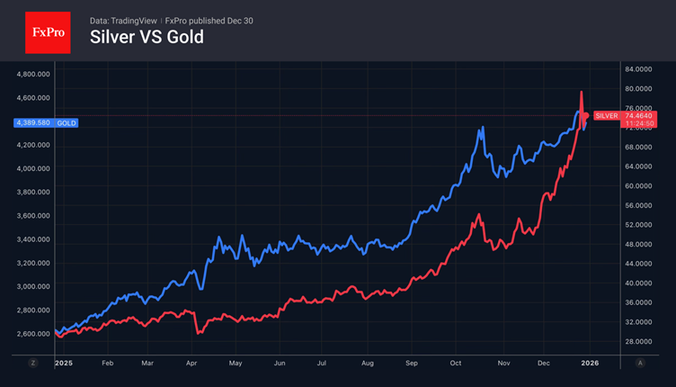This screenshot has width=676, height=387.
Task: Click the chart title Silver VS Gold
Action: [147, 37]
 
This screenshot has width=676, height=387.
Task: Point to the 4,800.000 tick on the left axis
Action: [33, 74]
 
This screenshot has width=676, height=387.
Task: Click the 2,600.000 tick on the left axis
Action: [33, 334]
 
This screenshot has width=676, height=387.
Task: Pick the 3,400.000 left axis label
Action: [33, 239]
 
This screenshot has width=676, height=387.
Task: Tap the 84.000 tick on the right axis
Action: [636, 69]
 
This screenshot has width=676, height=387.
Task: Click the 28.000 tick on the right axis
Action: [636, 341]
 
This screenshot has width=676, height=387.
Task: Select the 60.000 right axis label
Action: [636, 186]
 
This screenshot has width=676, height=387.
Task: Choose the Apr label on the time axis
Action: [191, 363]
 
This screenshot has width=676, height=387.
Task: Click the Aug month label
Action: [366, 363]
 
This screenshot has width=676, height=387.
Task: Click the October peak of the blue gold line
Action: [482, 128]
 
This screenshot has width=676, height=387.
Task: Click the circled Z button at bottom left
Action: [33, 363]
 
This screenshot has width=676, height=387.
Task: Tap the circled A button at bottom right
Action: [640, 363]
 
